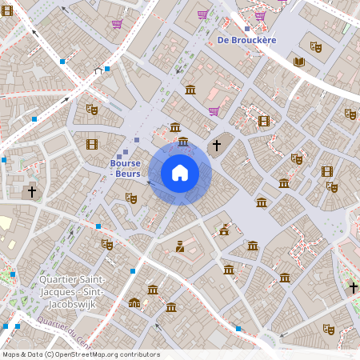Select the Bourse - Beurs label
click(126, 168)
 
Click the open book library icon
click(299, 62)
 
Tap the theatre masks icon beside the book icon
click(316, 47)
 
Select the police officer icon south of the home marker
click(180, 246)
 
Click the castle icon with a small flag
click(225, 230)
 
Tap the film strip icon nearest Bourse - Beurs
click(92, 144)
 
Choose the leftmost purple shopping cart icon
click(117, 23)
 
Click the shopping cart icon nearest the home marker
click(214, 111)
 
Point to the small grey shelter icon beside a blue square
click(98, 70)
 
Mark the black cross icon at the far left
click(32, 192)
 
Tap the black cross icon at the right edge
click(353, 286)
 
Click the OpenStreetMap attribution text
click(81, 354)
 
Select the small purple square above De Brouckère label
click(247, 28)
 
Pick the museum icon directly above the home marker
click(183, 142)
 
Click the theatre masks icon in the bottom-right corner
click(327, 328)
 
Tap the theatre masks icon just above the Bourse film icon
click(91, 109)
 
